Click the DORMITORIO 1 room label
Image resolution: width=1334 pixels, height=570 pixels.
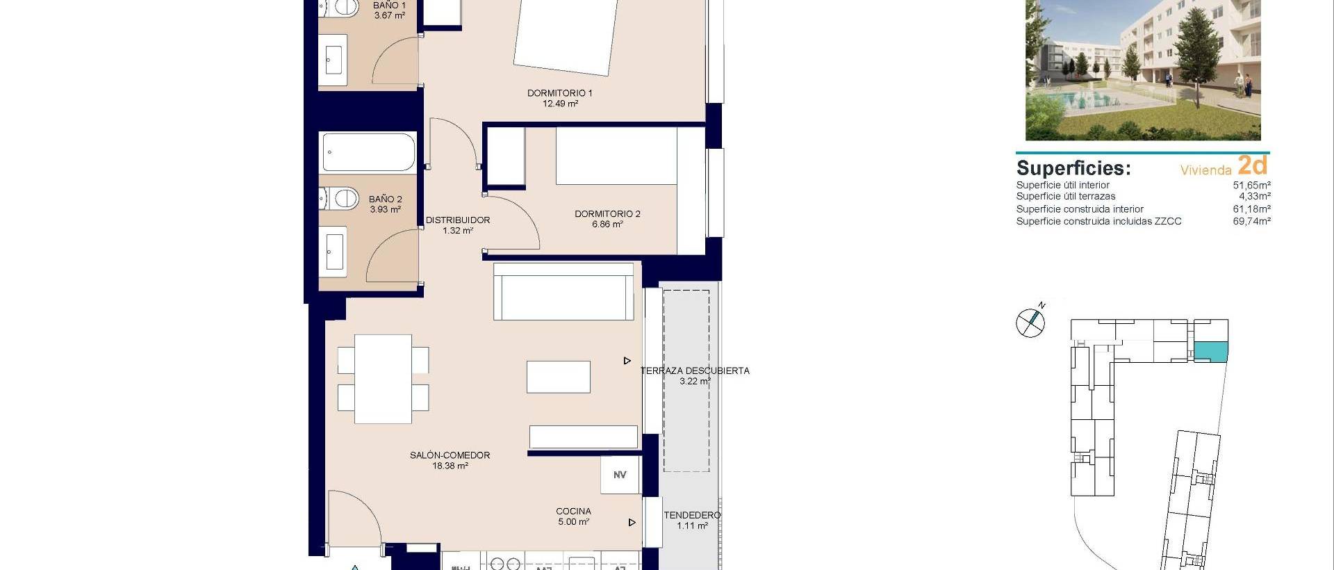(x=559, y=93)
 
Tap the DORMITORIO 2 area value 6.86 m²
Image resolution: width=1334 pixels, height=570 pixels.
(x=607, y=225)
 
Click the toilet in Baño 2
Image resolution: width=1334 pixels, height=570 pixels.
(x=340, y=199)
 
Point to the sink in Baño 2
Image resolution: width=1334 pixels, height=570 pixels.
(x=335, y=251)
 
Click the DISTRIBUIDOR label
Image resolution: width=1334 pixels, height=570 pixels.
(x=457, y=220)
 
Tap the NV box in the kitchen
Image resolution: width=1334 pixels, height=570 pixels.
(x=620, y=475)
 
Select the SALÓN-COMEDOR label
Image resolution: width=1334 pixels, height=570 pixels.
(x=450, y=455)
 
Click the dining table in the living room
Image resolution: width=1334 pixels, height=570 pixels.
(x=383, y=379)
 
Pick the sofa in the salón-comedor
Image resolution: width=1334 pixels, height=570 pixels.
(x=563, y=291)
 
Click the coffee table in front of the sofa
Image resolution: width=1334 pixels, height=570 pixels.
(x=558, y=377)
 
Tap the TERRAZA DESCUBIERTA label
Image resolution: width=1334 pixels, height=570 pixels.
(x=695, y=371)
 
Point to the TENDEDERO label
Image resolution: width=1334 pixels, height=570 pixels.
(x=692, y=515)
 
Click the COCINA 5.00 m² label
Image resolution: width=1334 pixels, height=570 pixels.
(x=574, y=516)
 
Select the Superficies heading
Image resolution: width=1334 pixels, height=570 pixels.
(x=1073, y=168)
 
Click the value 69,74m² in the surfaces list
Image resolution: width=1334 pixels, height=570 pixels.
(x=1251, y=222)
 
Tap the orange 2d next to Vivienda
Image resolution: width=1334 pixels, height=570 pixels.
(x=1253, y=165)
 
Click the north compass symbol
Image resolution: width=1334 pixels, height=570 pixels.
(x=1030, y=323)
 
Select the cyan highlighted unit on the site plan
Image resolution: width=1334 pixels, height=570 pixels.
(x=1211, y=352)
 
